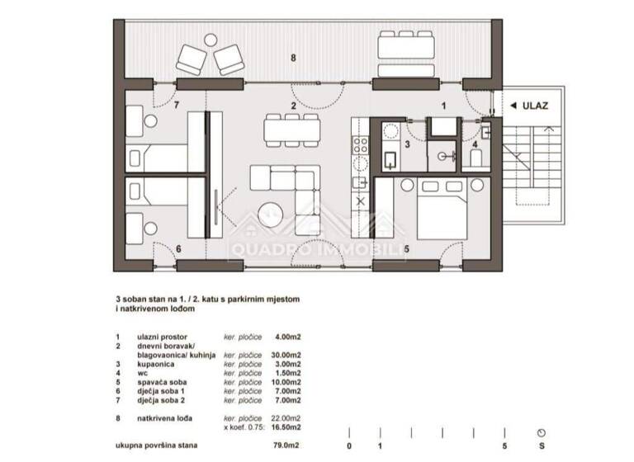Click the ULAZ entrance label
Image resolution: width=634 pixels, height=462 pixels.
point(534,106)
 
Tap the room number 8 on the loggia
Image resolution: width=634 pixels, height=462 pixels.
point(291,57)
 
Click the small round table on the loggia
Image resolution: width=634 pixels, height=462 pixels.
point(211,40)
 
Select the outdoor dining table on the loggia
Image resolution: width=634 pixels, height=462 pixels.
point(405,45)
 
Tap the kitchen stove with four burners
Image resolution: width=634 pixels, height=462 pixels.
point(361,146)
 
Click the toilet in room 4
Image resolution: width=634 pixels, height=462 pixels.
point(476,157)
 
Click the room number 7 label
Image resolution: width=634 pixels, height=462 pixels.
point(177,106)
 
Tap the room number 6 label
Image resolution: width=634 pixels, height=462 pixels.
point(177,247)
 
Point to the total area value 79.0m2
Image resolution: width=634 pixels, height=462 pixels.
point(285,446)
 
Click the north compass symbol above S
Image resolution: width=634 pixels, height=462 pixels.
point(541,432)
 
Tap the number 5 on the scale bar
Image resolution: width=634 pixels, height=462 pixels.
point(504,446)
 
